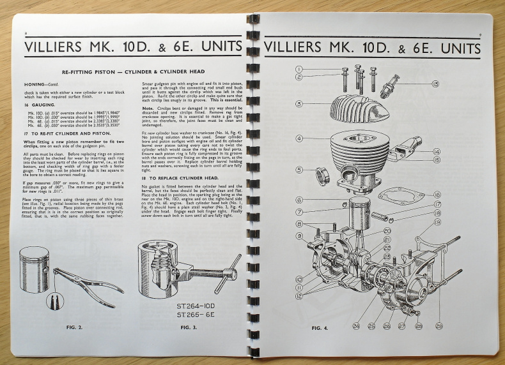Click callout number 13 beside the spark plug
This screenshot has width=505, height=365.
435,84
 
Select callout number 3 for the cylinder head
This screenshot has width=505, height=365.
299,103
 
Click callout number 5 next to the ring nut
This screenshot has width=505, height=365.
299,170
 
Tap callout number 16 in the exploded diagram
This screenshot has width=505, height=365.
437,194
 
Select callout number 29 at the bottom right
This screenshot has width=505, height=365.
439,326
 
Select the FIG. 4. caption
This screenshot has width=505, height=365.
321,327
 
